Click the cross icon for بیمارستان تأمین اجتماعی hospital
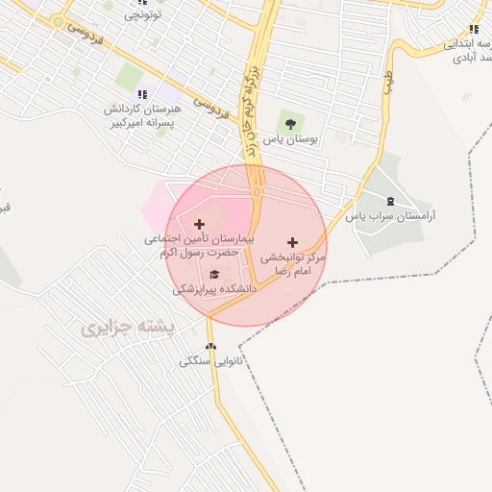pos(199,224)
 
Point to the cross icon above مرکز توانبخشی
pos(292,241)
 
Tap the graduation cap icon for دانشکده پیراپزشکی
pos(213,275)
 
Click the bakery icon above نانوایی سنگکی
pos(211,347)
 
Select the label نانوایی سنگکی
pos(212,362)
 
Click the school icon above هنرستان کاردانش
pos(142,94)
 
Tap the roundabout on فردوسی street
pos(60,21)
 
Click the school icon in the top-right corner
pos(473,30)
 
